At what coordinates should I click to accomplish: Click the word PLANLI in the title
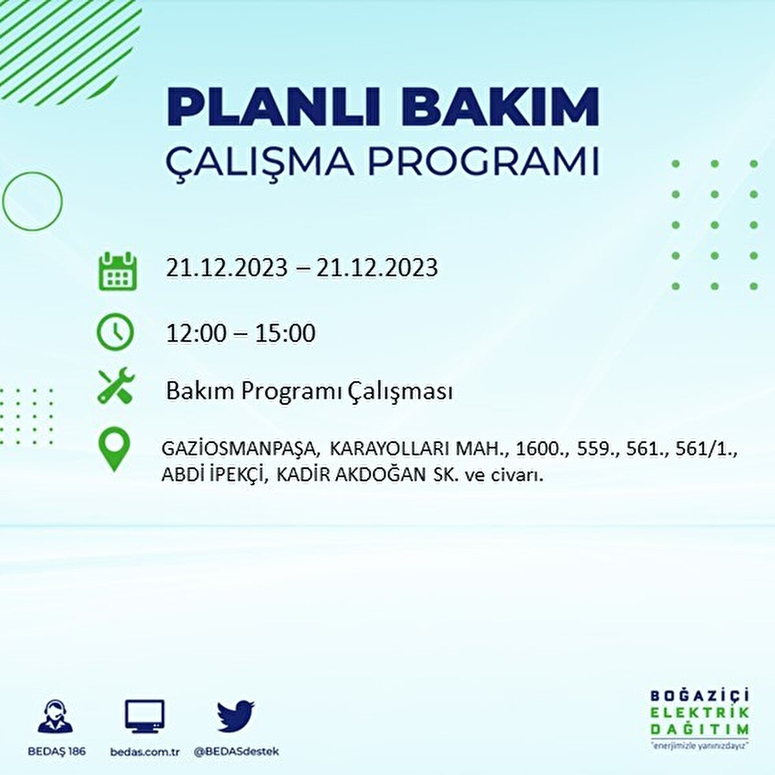266,106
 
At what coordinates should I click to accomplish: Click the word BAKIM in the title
499,106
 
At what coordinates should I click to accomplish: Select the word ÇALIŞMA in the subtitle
260,162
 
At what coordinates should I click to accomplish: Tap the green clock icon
115,332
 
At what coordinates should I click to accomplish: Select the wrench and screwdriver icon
116,385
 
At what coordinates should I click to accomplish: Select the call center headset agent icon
56,716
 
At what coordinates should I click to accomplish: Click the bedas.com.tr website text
145,752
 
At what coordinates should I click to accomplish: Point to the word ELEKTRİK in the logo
700,712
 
